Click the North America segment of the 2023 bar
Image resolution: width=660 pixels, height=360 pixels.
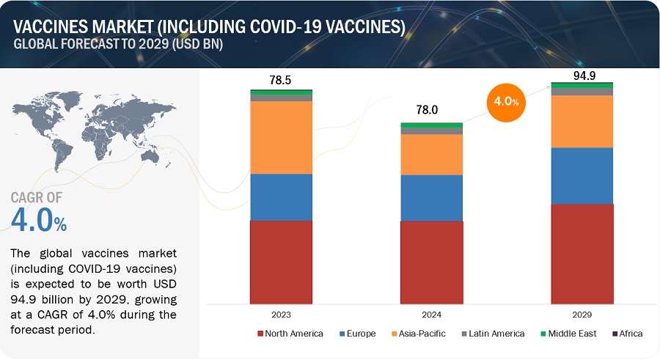(281, 262)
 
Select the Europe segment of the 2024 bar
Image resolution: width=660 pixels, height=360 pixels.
(431, 197)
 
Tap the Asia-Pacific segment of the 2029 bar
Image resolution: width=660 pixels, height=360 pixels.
(582, 121)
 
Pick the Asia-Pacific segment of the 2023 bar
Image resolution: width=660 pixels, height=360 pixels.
(281, 137)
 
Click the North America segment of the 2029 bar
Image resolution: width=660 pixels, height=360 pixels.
(582, 253)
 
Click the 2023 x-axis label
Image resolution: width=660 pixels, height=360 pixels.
(281, 315)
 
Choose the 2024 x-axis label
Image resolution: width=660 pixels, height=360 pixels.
(431, 315)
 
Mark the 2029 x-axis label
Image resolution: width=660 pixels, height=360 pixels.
(582, 315)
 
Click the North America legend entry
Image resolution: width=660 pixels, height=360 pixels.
(290, 334)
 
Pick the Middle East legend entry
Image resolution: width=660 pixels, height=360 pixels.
(568, 334)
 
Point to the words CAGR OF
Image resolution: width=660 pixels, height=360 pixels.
(37, 196)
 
